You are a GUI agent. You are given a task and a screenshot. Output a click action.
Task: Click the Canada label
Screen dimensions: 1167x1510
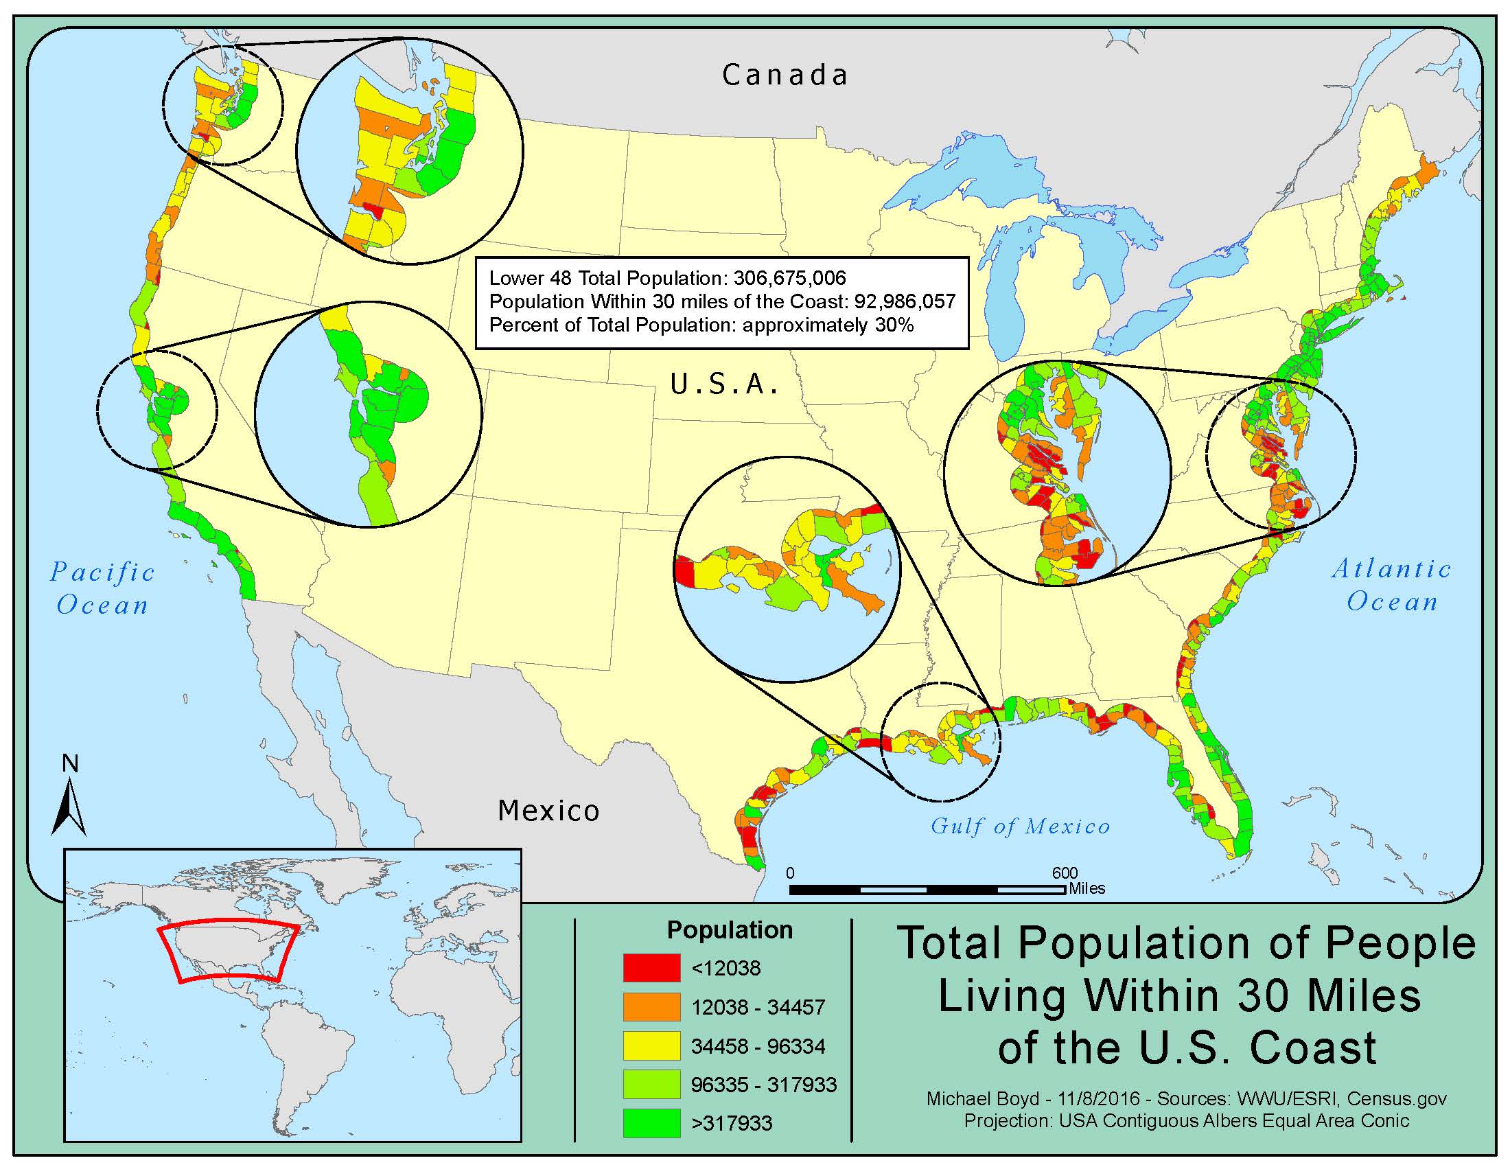(x=785, y=75)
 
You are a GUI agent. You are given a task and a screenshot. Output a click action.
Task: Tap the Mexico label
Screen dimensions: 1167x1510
(x=548, y=810)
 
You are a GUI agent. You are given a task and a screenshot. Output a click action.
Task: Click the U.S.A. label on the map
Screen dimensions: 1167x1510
(x=724, y=384)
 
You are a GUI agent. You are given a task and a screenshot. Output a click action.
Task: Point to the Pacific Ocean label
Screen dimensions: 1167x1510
(x=103, y=588)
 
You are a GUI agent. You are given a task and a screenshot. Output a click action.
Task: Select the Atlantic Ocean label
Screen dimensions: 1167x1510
(x=1391, y=585)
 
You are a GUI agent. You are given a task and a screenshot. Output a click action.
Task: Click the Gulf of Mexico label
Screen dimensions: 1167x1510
(x=1020, y=826)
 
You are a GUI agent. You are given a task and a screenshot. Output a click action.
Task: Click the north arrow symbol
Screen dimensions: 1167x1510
(x=69, y=805)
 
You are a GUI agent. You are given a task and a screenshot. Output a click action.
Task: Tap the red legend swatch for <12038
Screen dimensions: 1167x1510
(x=651, y=968)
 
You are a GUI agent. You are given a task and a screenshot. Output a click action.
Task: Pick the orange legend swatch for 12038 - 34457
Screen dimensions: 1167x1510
(x=651, y=1006)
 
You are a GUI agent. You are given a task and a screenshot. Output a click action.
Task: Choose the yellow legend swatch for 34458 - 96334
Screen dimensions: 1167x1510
(x=651, y=1045)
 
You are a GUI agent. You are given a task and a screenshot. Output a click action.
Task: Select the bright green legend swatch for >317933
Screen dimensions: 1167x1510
(x=651, y=1123)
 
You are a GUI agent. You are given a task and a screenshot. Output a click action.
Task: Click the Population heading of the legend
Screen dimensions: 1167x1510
(x=730, y=930)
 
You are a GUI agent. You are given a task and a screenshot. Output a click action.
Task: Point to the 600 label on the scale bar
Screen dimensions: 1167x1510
(x=1065, y=873)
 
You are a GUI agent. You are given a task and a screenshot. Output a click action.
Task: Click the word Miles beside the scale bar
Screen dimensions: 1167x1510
(x=1087, y=888)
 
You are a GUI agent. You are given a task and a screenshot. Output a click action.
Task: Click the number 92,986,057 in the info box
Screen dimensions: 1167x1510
(x=905, y=301)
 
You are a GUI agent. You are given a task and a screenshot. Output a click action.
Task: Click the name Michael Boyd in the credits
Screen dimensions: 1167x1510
(x=969, y=1098)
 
